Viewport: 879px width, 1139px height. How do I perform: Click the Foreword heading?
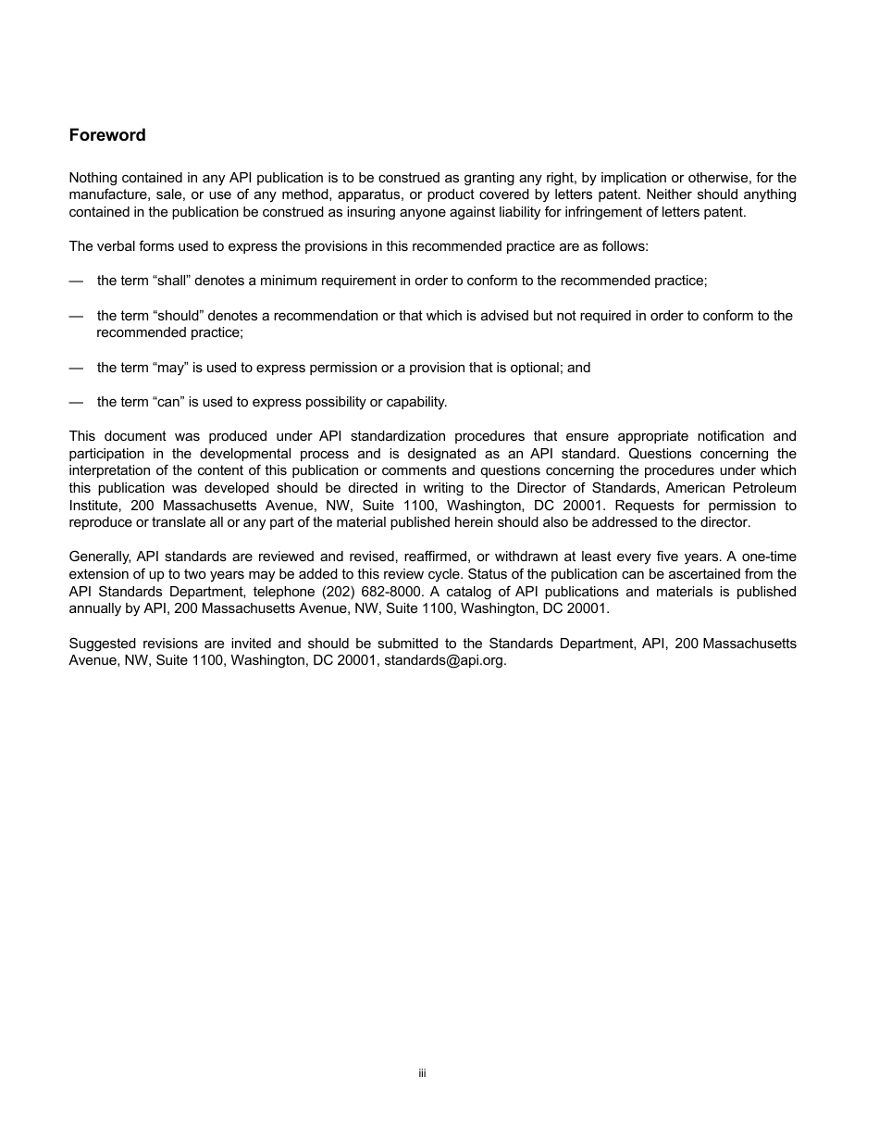pos(107,135)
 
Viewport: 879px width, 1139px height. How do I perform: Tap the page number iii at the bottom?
pos(422,1073)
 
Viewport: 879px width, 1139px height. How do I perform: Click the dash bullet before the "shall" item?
pos(76,281)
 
